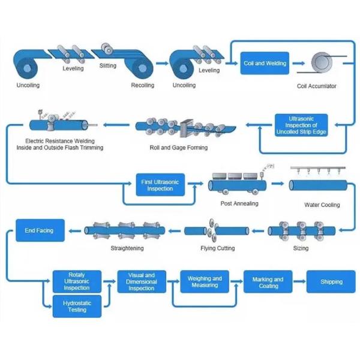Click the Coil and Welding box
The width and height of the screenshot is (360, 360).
pos(264,63)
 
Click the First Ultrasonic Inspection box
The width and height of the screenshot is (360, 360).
pos(160,185)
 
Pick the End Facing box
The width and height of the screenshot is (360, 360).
pos(38,230)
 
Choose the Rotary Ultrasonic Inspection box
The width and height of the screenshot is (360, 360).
pos(77,281)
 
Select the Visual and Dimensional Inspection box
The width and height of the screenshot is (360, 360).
pos(141,281)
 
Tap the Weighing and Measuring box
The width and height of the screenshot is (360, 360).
pos(205,281)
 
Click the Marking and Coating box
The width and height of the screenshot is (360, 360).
pos(268,282)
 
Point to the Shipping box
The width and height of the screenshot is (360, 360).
pos(331,281)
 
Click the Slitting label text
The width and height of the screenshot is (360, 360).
pos(108,66)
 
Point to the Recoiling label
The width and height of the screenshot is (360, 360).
pos(142,85)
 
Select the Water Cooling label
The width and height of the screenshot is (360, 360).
pos(322,205)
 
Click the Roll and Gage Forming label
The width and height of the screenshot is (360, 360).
pos(178,147)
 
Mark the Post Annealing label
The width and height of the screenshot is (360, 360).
pos(239,204)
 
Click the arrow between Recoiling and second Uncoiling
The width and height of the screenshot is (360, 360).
pos(161,62)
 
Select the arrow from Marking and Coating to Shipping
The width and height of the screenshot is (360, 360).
pos(298,281)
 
